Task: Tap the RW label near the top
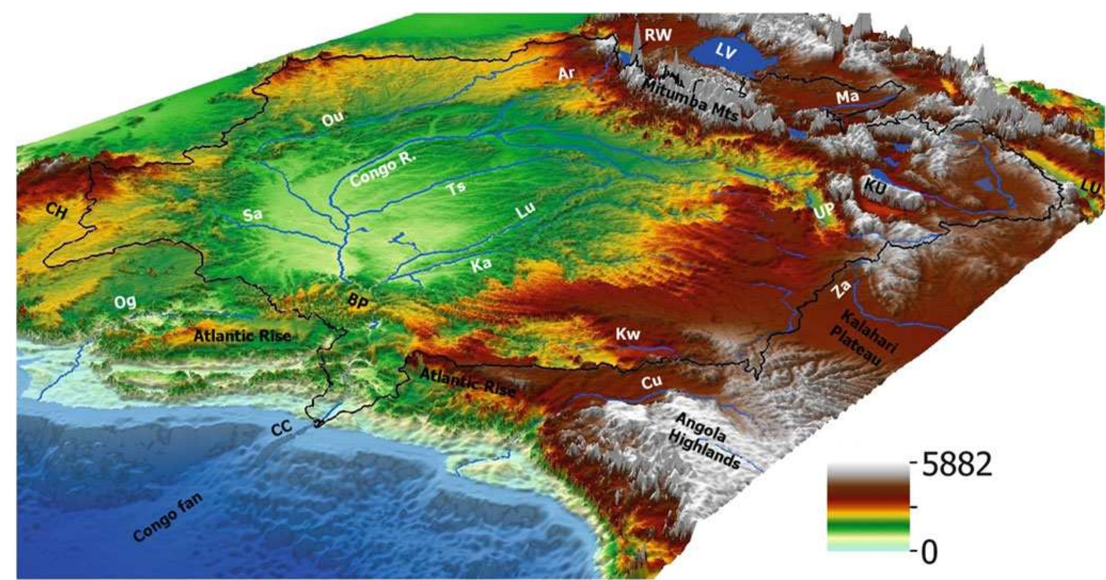click(658, 35)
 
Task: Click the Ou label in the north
click(333, 120)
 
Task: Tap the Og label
click(125, 302)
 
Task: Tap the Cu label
click(652, 381)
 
